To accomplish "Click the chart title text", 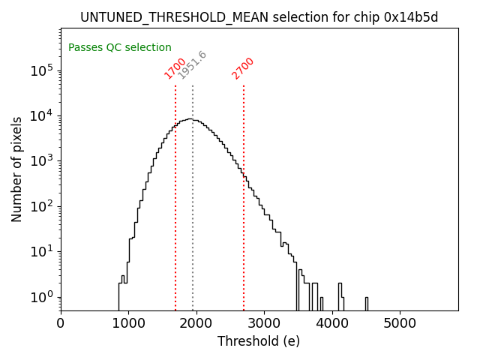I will coord(259,17).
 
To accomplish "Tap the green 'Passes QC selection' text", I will coord(120,47).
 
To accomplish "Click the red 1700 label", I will coord(175,68).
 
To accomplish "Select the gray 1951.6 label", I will coord(192,64).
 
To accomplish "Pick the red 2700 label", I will coord(243,68).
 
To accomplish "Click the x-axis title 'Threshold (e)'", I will coord(259,341).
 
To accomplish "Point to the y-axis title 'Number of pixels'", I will coord(17,169).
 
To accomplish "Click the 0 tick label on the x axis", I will coord(61,324).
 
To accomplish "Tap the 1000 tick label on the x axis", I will coord(128,324).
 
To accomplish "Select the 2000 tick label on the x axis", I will coord(196,324).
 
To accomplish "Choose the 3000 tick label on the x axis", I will coord(263,324).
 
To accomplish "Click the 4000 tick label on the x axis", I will coord(331,324).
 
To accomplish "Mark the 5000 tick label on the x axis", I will coord(399,324).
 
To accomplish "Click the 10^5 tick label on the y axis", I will coord(42,70).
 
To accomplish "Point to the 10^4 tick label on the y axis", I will coord(42,115).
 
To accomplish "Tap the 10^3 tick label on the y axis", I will coord(42,160).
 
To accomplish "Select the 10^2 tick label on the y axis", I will coord(42,206).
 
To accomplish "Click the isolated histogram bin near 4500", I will coord(366,303).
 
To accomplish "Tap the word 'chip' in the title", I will coord(370,17).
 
